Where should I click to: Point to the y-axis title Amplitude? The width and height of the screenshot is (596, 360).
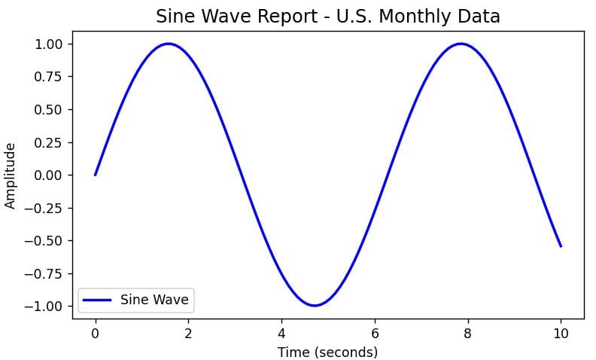(x=11, y=175)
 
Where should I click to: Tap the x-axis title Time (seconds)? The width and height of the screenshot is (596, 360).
(x=327, y=352)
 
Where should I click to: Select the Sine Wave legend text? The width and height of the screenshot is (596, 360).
(x=155, y=300)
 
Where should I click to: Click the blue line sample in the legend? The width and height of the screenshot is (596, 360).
(x=97, y=300)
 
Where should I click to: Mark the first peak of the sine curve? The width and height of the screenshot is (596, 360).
(x=168, y=44)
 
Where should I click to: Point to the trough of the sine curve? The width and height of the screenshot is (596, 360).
(x=315, y=306)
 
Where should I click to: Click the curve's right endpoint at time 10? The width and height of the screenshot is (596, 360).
(x=561, y=246)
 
